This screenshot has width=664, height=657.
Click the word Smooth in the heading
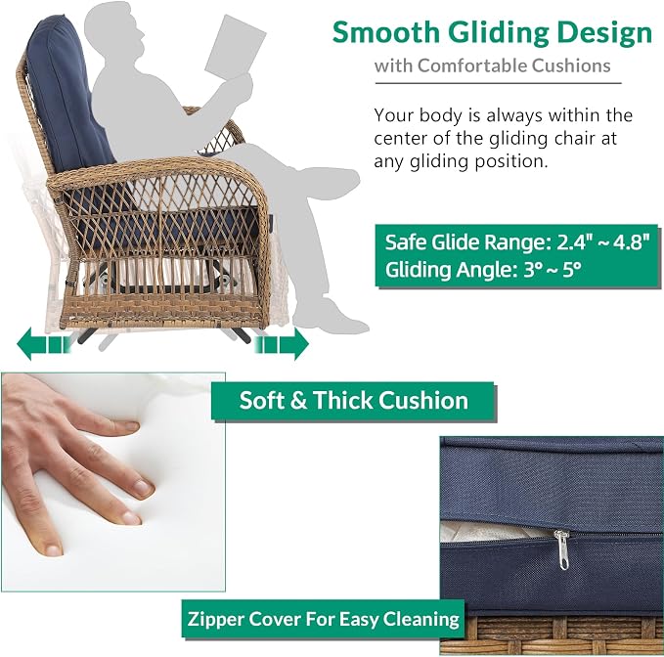click(386, 32)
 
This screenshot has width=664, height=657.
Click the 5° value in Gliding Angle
click(572, 269)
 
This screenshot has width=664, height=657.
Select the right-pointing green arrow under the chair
click(282, 343)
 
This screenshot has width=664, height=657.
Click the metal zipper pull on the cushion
click(562, 549)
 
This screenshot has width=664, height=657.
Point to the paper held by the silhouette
click(236, 47)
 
